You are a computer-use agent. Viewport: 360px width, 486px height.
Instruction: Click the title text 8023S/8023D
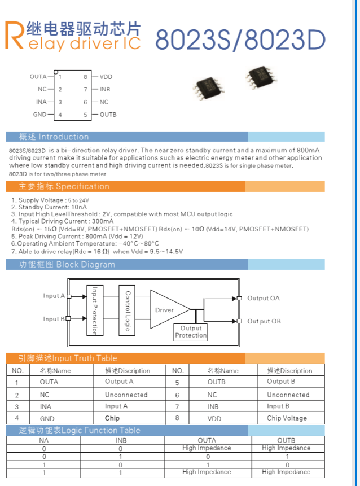point(240,39)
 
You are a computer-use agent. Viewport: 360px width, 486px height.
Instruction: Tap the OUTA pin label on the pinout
point(38,77)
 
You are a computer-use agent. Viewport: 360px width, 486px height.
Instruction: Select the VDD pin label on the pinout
point(106,77)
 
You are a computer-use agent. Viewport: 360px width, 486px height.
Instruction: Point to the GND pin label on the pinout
point(39,115)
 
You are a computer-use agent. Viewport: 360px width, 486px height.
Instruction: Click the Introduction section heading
point(54,137)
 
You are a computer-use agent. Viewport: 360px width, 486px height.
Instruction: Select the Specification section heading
point(64,186)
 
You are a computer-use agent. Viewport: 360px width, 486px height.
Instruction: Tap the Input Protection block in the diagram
point(95,310)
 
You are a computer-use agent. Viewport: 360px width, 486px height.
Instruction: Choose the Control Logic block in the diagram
point(128,310)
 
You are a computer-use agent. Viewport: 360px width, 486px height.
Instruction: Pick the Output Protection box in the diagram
point(191,331)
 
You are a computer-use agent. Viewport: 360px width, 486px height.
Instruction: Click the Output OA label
point(263,298)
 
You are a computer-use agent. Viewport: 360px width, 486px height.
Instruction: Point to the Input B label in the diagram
point(54,319)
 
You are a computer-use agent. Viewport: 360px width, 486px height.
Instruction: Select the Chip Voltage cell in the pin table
point(287,418)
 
